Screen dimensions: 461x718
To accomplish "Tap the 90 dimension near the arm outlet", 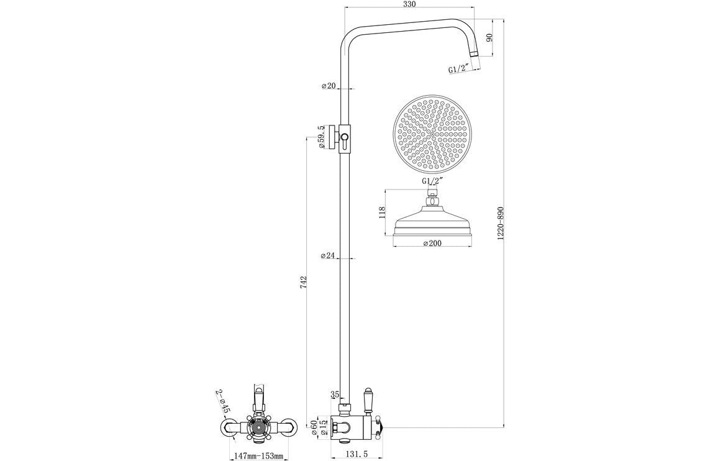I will point(489,39).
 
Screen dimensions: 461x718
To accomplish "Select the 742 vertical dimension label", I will point(302,282).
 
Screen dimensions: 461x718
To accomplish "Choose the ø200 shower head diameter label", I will point(432,244).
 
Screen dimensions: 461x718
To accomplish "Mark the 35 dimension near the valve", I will point(335,394).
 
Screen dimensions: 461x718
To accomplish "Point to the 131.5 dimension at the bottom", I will point(356,455).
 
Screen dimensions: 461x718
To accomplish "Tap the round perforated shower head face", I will point(432,133).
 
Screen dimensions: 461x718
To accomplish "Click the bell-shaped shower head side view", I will point(432,221).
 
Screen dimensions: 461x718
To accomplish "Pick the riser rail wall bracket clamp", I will point(342,137).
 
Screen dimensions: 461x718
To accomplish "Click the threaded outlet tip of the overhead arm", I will point(475,57).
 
